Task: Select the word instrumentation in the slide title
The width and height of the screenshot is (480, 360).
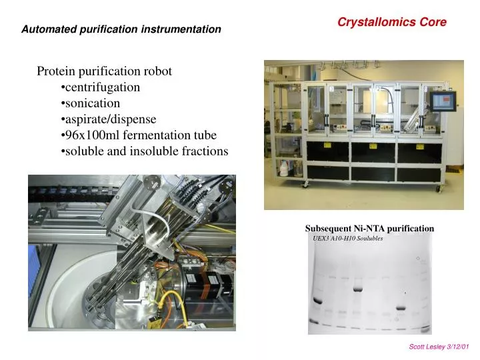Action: click(181, 29)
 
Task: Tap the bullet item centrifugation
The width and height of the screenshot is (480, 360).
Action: click(102, 87)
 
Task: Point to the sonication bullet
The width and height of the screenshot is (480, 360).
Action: click(92, 103)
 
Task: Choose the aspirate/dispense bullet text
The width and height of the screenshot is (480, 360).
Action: click(110, 119)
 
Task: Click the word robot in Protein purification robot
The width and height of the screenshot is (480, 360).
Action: click(160, 71)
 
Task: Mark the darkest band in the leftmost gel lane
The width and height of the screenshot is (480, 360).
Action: click(317, 301)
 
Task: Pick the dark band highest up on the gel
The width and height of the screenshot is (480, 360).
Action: click(358, 289)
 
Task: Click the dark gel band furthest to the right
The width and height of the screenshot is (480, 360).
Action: click(401, 308)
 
